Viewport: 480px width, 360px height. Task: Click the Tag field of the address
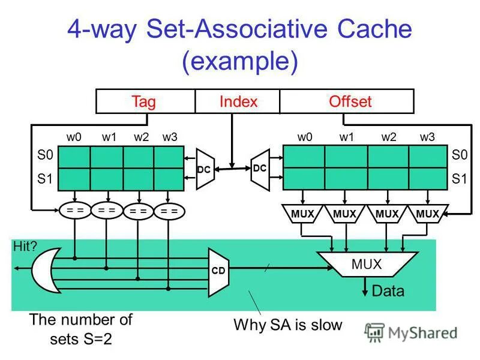[x=144, y=101]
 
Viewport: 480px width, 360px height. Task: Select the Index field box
[x=238, y=101]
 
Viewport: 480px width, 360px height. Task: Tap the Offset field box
[x=350, y=101]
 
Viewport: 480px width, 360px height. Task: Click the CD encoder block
[x=218, y=271]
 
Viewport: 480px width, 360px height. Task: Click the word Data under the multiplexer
[x=388, y=292]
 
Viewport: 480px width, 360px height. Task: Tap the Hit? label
[x=25, y=245]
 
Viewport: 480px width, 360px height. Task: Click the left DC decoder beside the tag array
[x=204, y=169]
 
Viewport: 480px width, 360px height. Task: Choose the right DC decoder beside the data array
[x=259, y=169]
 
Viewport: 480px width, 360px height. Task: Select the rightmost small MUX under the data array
[x=427, y=214]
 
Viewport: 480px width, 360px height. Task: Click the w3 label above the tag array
[x=170, y=137]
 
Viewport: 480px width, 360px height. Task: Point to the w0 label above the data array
[x=305, y=137]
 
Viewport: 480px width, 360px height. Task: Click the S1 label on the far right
[x=459, y=179]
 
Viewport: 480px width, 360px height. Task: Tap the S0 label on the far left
[x=46, y=155]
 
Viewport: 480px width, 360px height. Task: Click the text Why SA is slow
[x=287, y=326]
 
